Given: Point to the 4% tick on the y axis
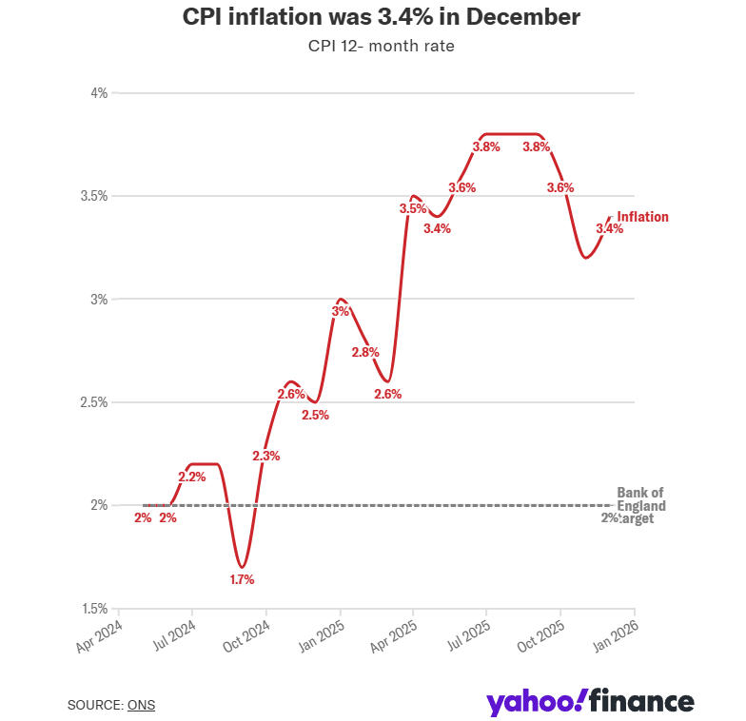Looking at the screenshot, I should pos(99,93).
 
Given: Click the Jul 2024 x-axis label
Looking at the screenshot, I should pos(176,638).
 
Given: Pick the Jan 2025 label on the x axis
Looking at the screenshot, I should pos(324,638).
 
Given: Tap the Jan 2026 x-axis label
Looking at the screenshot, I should pos(618,638).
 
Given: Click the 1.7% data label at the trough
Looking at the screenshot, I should pos(242,579).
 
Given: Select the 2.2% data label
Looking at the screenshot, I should pos(192,476).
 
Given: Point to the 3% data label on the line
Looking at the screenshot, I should pos(341,311).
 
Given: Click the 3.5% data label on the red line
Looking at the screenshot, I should pos(413,208).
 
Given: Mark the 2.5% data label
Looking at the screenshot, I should pos(315,415).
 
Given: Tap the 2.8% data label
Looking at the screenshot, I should pos(365,352).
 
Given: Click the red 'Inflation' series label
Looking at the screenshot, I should pos(642,217).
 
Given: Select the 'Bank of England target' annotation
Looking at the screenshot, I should pos(639,505).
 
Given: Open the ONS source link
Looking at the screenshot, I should pos(141,705).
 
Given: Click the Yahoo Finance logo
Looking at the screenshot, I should pos(590,703).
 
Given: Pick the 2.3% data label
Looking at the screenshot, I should pos(266,456).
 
